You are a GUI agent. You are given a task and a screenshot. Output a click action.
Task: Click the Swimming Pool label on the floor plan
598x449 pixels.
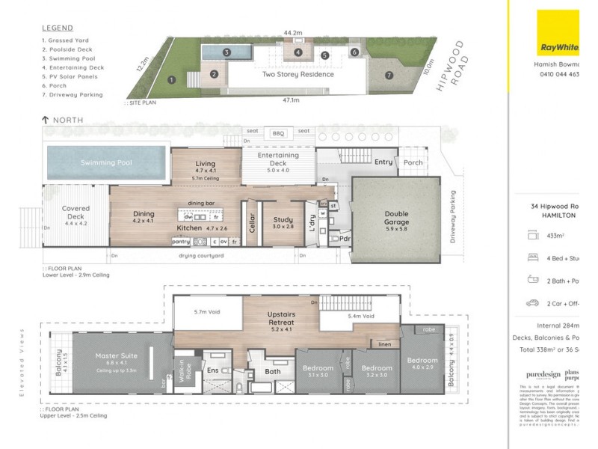point(106,162)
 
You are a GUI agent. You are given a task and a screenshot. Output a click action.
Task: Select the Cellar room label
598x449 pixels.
point(252,224)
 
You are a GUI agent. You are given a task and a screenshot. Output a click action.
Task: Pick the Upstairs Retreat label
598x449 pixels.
point(283,323)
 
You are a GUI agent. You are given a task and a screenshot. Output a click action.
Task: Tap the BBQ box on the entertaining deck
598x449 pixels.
point(277,132)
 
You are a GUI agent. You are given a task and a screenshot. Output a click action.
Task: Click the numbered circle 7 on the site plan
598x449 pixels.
point(389,76)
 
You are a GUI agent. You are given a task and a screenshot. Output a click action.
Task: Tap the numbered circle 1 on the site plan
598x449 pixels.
point(172,79)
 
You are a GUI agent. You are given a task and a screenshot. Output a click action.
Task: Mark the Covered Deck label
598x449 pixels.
point(75,213)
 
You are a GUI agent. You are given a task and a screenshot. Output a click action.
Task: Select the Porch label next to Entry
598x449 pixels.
point(413,162)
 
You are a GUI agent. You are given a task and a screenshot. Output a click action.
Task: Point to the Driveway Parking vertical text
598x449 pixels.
point(452,217)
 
